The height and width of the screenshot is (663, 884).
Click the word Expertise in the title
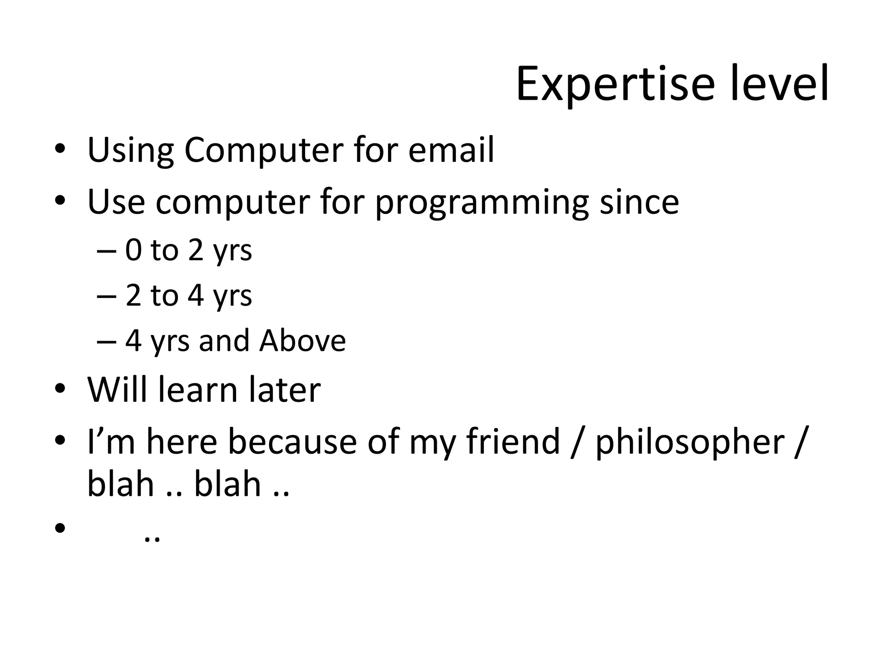pos(615,84)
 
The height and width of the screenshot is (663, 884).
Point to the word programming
pos(482,203)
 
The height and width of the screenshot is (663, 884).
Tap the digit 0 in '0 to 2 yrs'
pos(133,250)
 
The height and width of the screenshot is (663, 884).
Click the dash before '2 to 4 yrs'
pos(106,297)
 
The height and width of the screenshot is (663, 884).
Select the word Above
pos(302,341)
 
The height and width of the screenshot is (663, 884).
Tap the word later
pos(284,389)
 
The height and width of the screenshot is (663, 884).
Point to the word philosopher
pos(690,442)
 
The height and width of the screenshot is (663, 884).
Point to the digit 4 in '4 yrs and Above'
pos(133,341)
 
